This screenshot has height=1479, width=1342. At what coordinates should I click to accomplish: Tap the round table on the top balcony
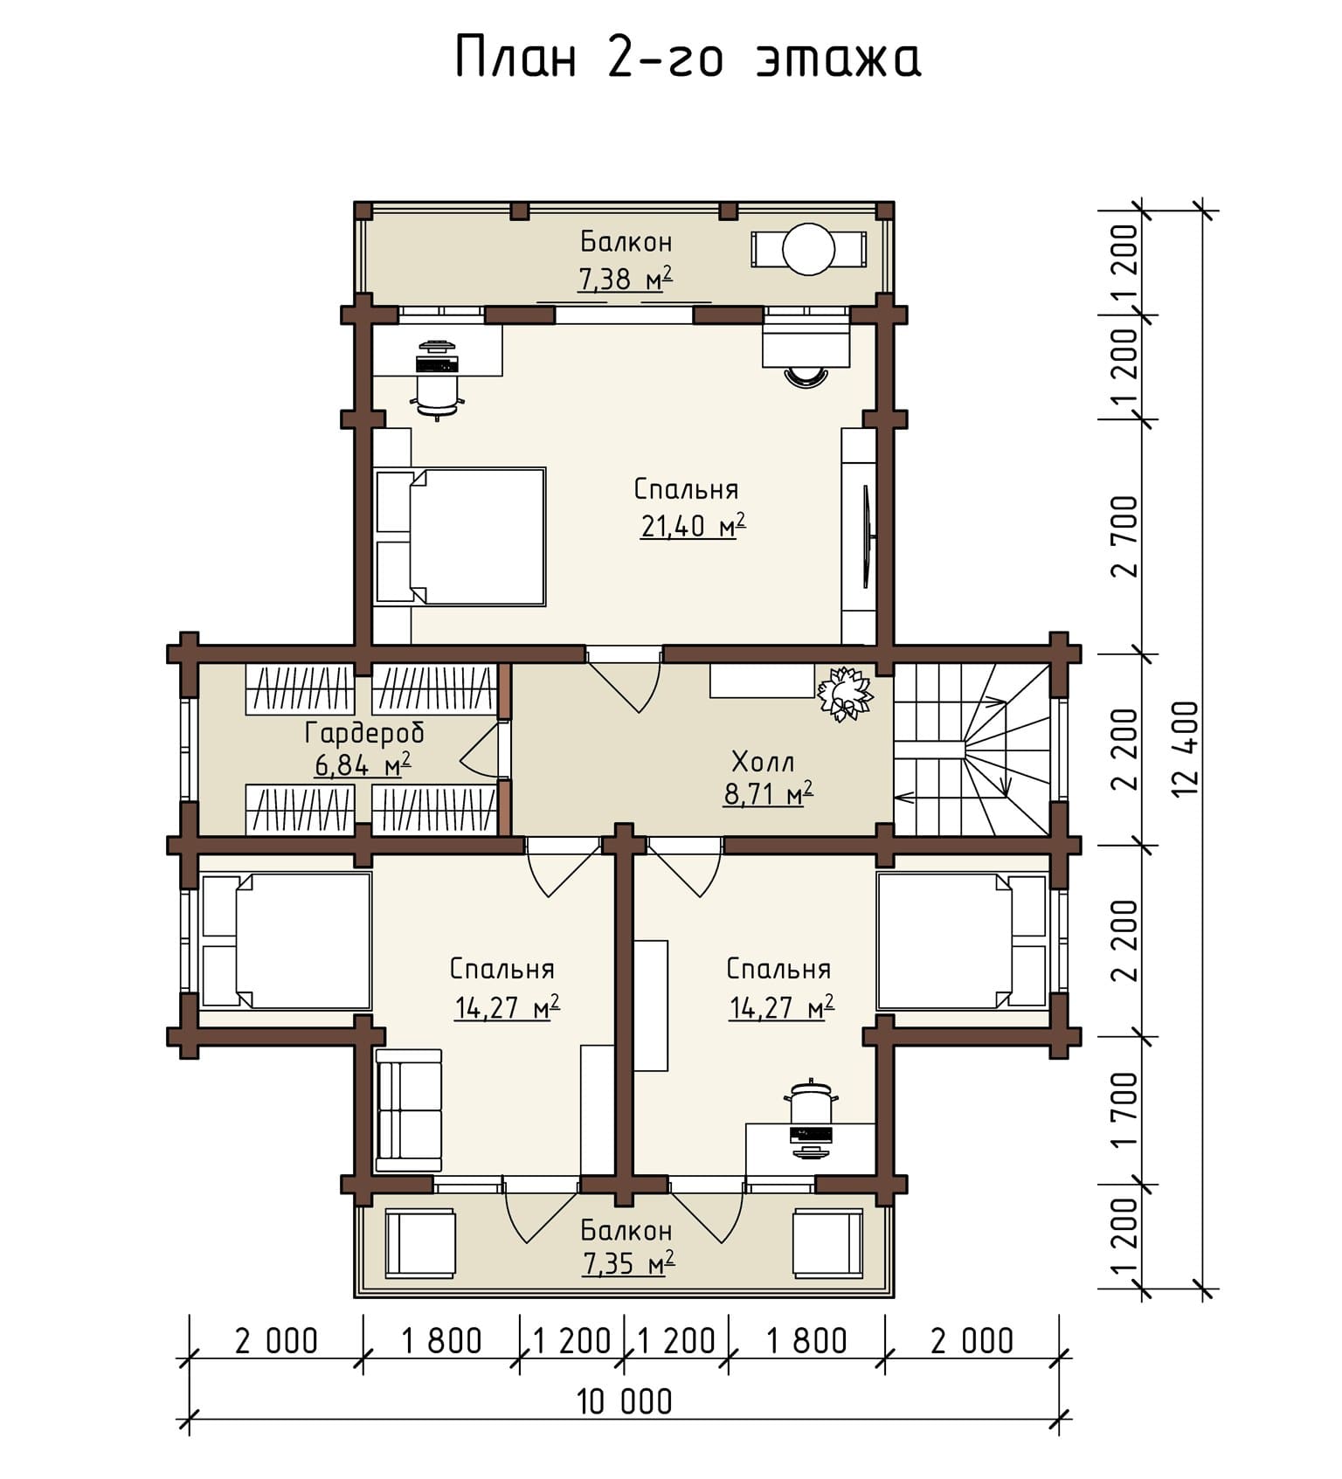point(809,249)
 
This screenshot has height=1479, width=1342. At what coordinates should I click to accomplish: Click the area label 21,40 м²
point(693,526)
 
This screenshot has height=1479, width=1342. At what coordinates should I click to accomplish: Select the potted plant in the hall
point(844,694)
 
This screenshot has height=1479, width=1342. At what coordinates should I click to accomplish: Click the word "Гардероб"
point(364,732)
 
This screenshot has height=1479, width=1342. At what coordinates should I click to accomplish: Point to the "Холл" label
point(763,762)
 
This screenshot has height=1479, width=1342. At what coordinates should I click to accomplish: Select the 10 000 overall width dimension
point(625,1402)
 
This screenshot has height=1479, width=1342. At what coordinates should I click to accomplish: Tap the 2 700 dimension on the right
point(1126,536)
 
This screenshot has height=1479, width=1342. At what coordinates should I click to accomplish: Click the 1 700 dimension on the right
point(1126,1110)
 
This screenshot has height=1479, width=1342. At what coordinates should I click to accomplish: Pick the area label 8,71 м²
point(768,794)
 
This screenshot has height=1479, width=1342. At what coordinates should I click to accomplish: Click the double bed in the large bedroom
point(460,536)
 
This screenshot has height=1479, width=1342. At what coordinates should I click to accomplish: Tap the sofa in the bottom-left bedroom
point(409,1110)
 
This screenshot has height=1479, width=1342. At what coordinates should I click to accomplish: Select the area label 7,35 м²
point(627,1263)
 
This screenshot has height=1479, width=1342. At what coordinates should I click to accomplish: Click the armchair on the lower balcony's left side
point(420,1244)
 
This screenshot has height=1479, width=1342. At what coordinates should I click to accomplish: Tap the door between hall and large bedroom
point(623,680)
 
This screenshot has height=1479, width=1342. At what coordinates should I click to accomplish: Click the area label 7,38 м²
point(626,279)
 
